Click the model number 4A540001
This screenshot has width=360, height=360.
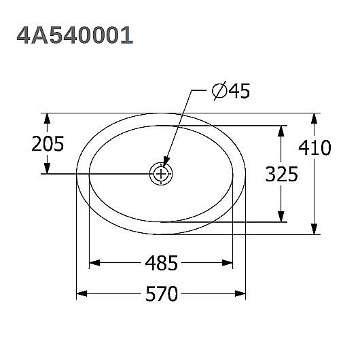[75, 35]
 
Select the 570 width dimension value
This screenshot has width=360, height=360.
[162, 294]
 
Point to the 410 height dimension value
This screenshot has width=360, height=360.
[317, 147]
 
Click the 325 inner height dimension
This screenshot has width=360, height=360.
[282, 174]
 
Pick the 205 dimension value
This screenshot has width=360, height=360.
[48, 144]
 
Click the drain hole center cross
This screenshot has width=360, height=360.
[162, 174]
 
